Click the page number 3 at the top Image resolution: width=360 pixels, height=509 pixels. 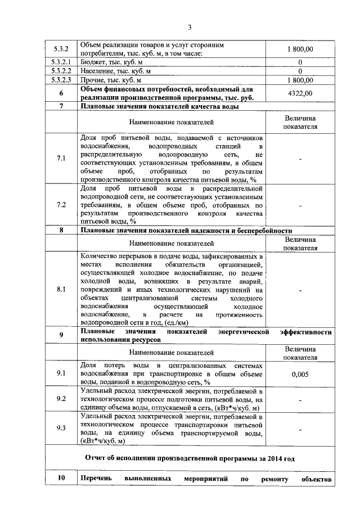click(x=190, y=27)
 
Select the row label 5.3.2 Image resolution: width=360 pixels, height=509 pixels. click(x=60, y=49)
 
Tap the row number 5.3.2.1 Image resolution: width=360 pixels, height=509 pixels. click(x=60, y=62)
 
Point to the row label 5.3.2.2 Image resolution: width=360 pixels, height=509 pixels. click(x=60, y=71)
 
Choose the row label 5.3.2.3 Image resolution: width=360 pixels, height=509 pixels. click(x=60, y=80)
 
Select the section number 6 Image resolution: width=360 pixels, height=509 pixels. click(x=60, y=93)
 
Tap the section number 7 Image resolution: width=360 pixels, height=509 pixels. click(x=60, y=106)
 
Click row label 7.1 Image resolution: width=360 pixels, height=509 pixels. click(x=60, y=159)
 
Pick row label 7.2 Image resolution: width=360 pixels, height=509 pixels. click(x=60, y=205)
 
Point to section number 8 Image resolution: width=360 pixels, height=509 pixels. click(x=60, y=231)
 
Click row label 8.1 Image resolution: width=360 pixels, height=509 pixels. click(x=60, y=290)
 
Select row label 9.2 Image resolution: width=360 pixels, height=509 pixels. click(x=60, y=399)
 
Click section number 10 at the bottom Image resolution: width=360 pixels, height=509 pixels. click(x=60, y=479)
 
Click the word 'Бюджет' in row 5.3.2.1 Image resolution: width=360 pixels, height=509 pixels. click(x=93, y=62)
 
